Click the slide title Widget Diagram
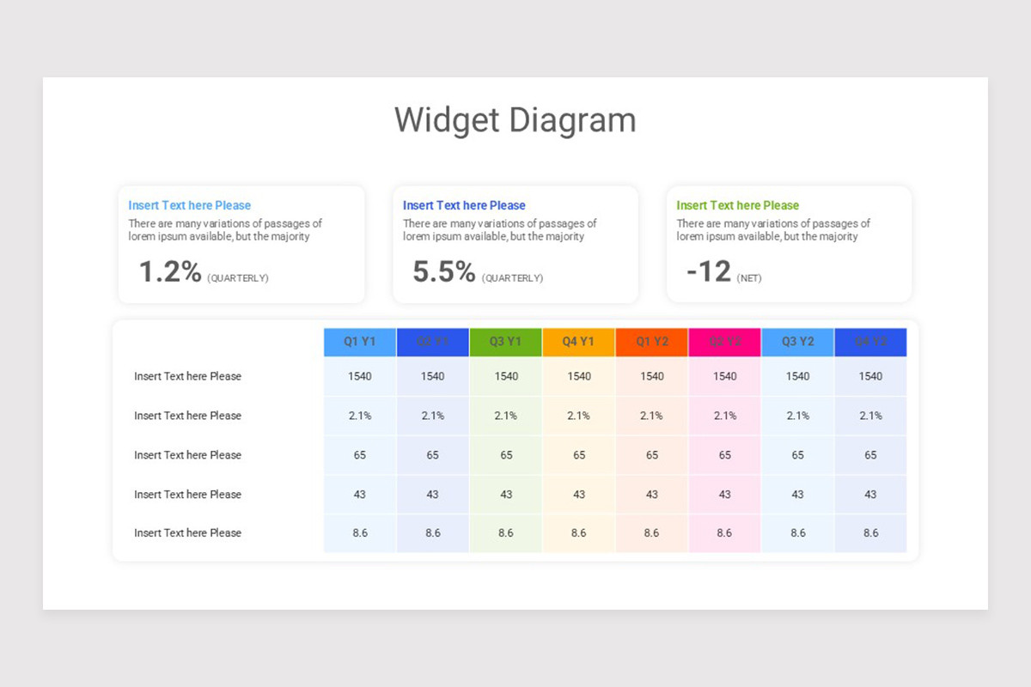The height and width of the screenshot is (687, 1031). (x=515, y=119)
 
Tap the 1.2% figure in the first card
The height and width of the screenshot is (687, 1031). (x=170, y=271)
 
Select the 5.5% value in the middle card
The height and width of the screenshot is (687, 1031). (x=444, y=271)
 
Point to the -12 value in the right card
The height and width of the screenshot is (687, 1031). (x=709, y=271)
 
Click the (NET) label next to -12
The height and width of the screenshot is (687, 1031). (x=749, y=278)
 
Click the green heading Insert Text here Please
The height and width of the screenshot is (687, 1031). (x=737, y=205)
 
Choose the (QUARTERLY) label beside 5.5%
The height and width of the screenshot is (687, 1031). (x=512, y=278)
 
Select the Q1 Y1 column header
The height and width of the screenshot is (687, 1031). (x=360, y=342)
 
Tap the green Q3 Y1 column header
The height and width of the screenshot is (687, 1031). (x=506, y=342)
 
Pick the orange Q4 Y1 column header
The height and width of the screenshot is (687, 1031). (x=579, y=342)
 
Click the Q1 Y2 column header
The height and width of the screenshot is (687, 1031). (x=652, y=342)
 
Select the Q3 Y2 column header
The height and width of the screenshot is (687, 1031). (x=798, y=342)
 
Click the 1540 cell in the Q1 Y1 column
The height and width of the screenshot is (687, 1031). (x=360, y=376)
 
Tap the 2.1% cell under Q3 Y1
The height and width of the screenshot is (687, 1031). (x=506, y=416)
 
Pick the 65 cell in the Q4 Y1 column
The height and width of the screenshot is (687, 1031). (x=579, y=455)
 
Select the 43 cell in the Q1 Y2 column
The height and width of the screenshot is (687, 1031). (x=652, y=495)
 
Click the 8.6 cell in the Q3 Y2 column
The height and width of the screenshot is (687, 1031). (x=798, y=533)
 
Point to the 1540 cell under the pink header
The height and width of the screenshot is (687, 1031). (x=725, y=376)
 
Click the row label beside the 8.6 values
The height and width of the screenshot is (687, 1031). (x=187, y=533)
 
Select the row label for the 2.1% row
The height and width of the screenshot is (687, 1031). (x=187, y=416)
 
